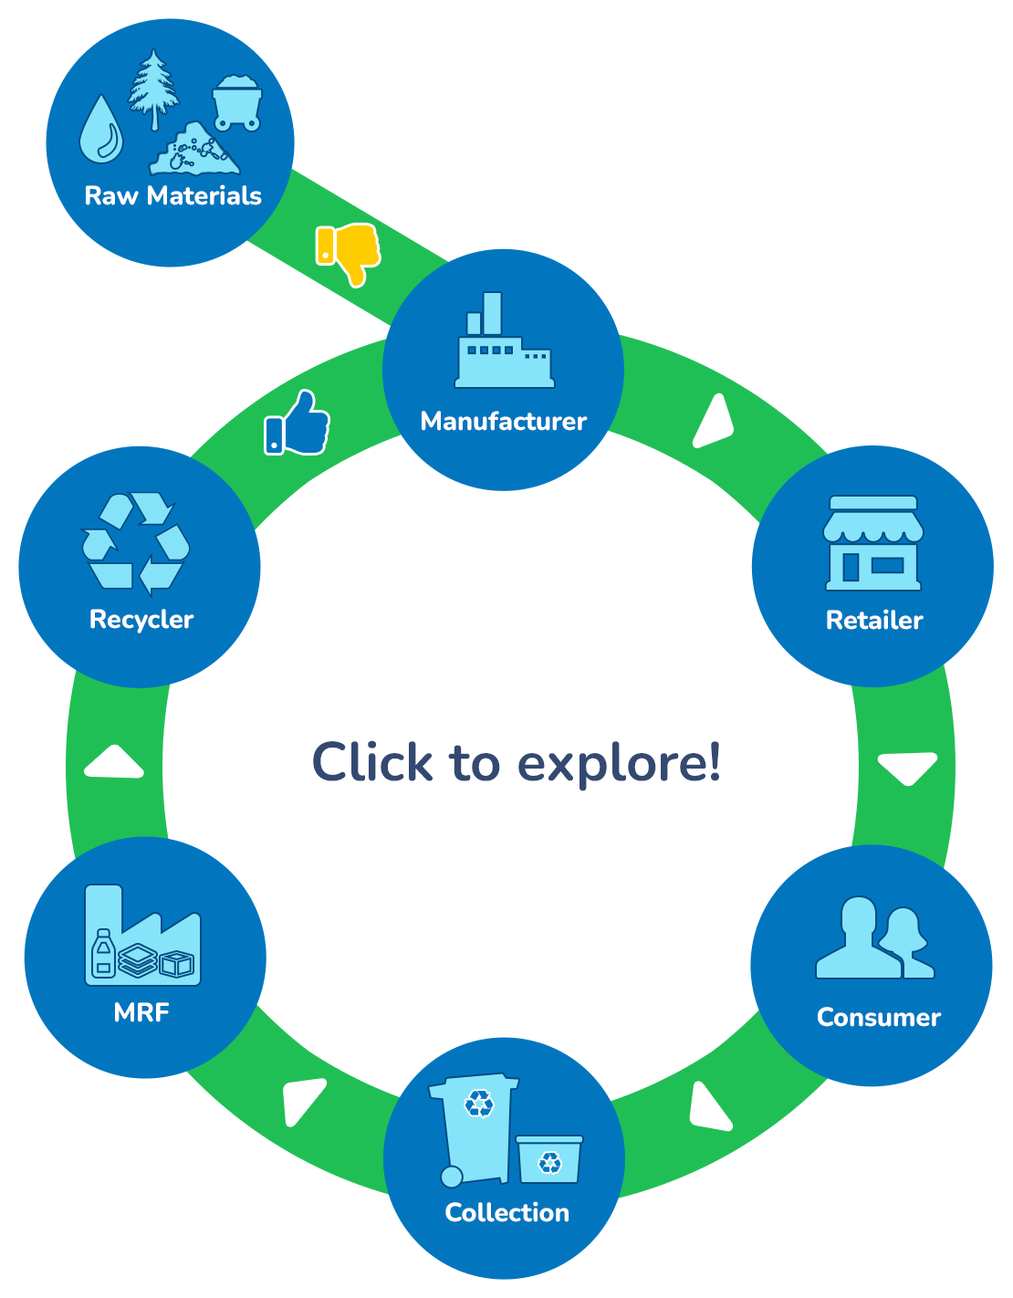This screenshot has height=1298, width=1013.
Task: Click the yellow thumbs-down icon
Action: click(349, 251)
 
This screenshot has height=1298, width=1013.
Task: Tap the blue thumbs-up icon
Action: click(298, 424)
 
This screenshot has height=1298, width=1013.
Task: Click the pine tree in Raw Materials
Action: click(152, 88)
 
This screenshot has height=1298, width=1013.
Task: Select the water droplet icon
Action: click(100, 131)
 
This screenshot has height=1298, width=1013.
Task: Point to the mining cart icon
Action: click(237, 103)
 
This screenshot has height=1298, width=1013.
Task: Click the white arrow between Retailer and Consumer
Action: click(908, 767)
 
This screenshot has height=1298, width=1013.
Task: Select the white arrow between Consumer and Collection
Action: click(709, 1107)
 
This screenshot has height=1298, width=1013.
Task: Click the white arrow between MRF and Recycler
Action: click(114, 763)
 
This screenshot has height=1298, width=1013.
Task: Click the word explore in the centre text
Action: click(619, 763)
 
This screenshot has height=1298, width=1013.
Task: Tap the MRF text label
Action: click(141, 1012)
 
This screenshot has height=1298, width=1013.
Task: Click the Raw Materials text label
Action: click(172, 195)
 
